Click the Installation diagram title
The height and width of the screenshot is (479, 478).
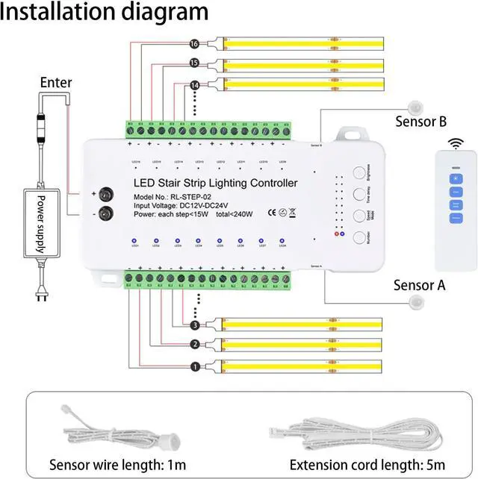coord(104,12)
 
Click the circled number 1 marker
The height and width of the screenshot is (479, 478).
coord(195,366)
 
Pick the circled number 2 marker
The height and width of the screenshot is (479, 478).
coord(195,344)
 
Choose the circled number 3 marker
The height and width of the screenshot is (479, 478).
coord(195,325)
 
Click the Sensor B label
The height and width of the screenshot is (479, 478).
coord(420,121)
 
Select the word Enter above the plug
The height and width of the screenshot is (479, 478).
coord(56,82)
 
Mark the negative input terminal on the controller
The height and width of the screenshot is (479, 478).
coord(107,213)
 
